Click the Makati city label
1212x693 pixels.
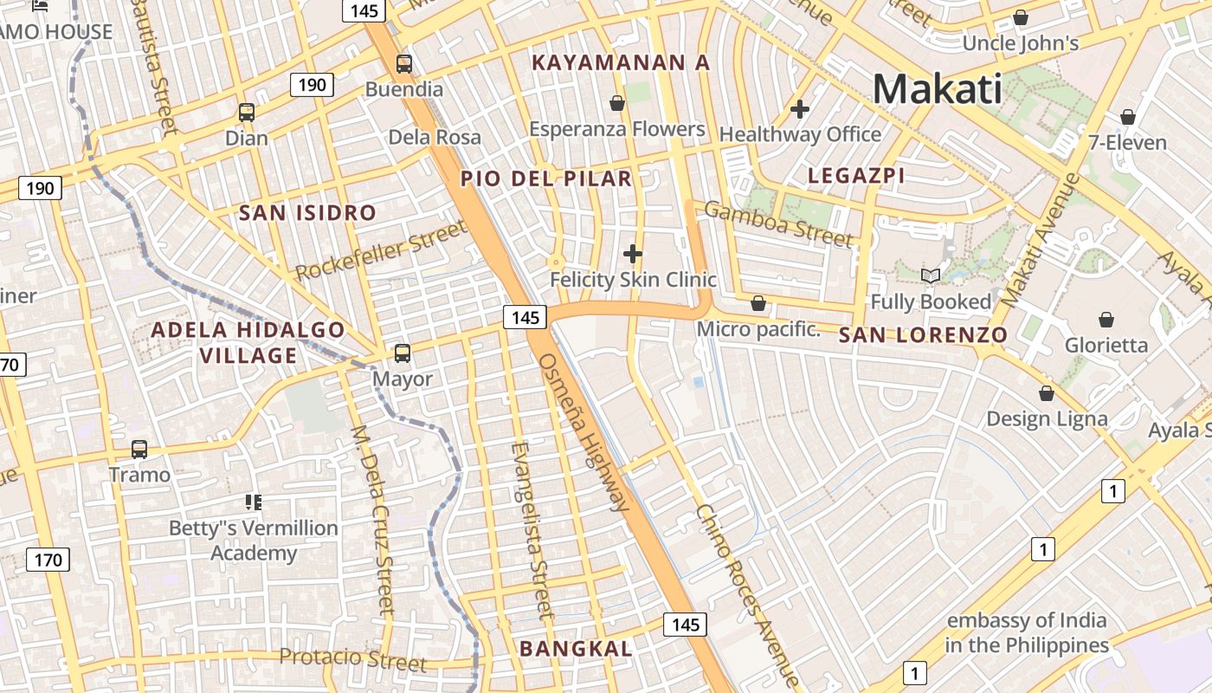pos(937,88)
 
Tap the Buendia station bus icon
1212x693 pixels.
pos(404,63)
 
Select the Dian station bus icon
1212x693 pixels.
pos(247,112)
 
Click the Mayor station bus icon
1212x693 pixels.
pos(403,353)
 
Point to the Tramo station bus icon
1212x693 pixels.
pos(139,449)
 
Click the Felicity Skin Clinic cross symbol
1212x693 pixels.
pos(633,254)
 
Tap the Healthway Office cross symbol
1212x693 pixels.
pos(800,109)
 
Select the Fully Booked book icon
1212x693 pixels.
pos(931,276)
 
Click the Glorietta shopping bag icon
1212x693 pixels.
pos(1106,320)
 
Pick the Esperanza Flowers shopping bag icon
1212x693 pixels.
pos(617,103)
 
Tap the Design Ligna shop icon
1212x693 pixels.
pos(1047,393)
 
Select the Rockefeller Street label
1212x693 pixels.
pos(381,250)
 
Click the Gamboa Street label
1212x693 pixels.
pos(777,223)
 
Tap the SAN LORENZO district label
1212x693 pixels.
pos(923,335)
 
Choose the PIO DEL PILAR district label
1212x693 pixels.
pos(546,179)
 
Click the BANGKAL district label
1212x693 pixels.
pos(576,648)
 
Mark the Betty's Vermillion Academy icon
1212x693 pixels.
pos(254,502)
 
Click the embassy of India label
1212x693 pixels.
pos(1027,633)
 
